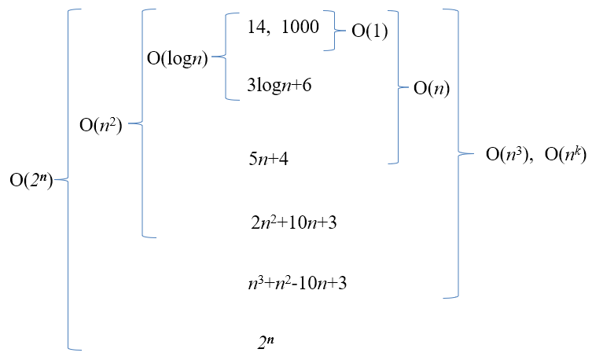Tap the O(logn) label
tap(177, 58)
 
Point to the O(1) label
tap(369, 31)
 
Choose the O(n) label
tap(432, 87)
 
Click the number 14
tap(257, 28)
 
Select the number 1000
tap(300, 28)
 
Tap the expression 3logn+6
tap(279, 85)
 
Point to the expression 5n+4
tap(269, 159)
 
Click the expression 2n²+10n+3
tap(293, 222)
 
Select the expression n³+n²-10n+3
tap(297, 283)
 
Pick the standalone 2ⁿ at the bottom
tap(266, 342)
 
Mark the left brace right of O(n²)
tap(143, 123)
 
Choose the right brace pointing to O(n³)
tap(456, 153)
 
